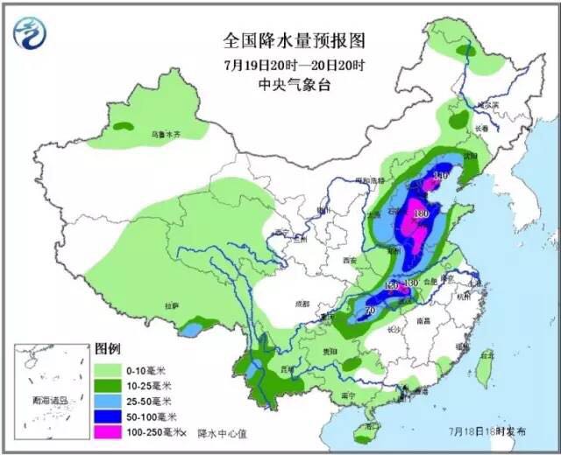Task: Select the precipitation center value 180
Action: (x=421, y=213)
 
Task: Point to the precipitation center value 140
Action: (x=441, y=177)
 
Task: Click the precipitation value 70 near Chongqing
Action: (x=370, y=310)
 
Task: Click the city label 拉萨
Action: (x=172, y=305)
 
